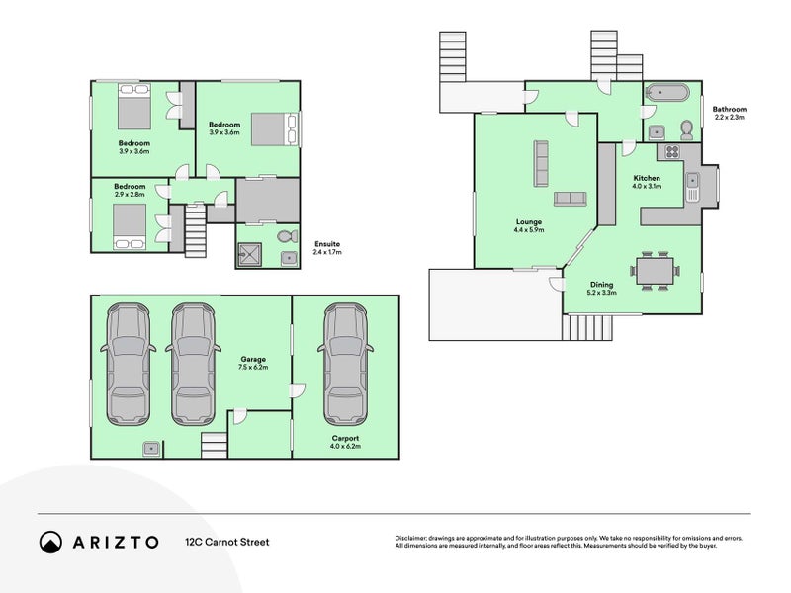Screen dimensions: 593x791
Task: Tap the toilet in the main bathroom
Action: click(686, 129)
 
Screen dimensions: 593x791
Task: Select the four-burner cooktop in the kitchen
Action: click(671, 152)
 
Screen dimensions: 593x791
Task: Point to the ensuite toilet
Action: click(286, 237)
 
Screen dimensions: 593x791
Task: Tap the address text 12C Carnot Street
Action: click(226, 542)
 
